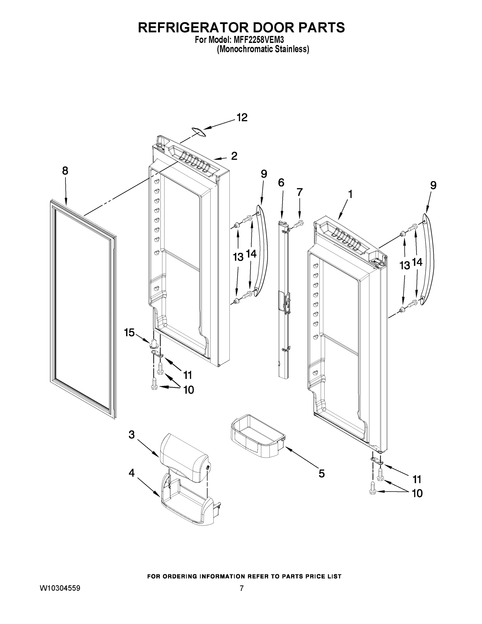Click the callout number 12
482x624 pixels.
(x=242, y=118)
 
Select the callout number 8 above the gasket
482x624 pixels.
(x=65, y=171)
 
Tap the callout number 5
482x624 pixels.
(x=321, y=474)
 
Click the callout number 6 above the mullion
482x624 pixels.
(x=281, y=182)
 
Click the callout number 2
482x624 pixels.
(x=234, y=156)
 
